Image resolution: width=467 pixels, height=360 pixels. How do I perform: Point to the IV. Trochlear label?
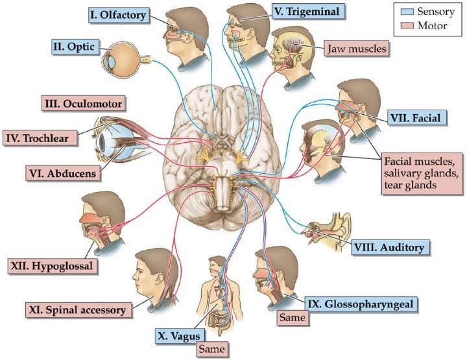point(42,137)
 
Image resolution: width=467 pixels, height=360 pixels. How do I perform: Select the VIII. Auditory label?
point(389,247)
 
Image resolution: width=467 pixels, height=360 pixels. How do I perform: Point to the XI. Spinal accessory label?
point(77,309)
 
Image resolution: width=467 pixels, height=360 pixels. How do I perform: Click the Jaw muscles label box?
point(357,49)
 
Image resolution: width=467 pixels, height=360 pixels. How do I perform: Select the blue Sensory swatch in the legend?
point(405,11)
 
